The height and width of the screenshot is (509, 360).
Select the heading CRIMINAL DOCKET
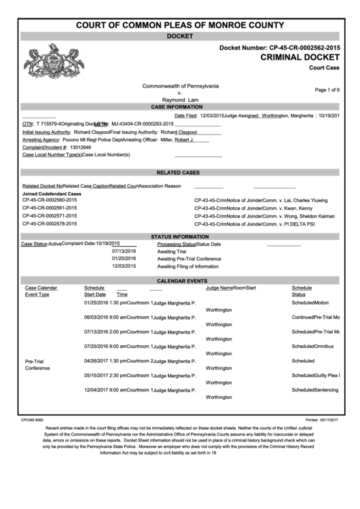pyautogui.click(x=300, y=58)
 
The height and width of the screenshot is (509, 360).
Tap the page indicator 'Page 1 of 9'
pyautogui.click(x=327, y=90)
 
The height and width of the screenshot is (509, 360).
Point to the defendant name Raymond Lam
pyautogui.click(x=180, y=100)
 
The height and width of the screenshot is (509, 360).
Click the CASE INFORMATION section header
pyautogui.click(x=180, y=107)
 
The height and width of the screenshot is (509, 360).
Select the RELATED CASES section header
pyautogui.click(x=180, y=173)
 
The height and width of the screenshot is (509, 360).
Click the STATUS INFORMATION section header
pyautogui.click(x=180, y=236)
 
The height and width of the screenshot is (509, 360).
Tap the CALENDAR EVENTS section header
pyautogui.click(x=180, y=280)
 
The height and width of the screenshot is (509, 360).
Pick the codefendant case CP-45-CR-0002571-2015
pyautogui.click(x=50, y=215)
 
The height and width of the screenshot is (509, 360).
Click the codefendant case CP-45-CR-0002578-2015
pyautogui.click(x=50, y=223)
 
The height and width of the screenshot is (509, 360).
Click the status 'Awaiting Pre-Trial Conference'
pyautogui.click(x=189, y=259)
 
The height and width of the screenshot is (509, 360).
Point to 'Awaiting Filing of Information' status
pyautogui.click(x=187, y=266)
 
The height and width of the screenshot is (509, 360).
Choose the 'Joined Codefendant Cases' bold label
pyautogui.click(x=52, y=194)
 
